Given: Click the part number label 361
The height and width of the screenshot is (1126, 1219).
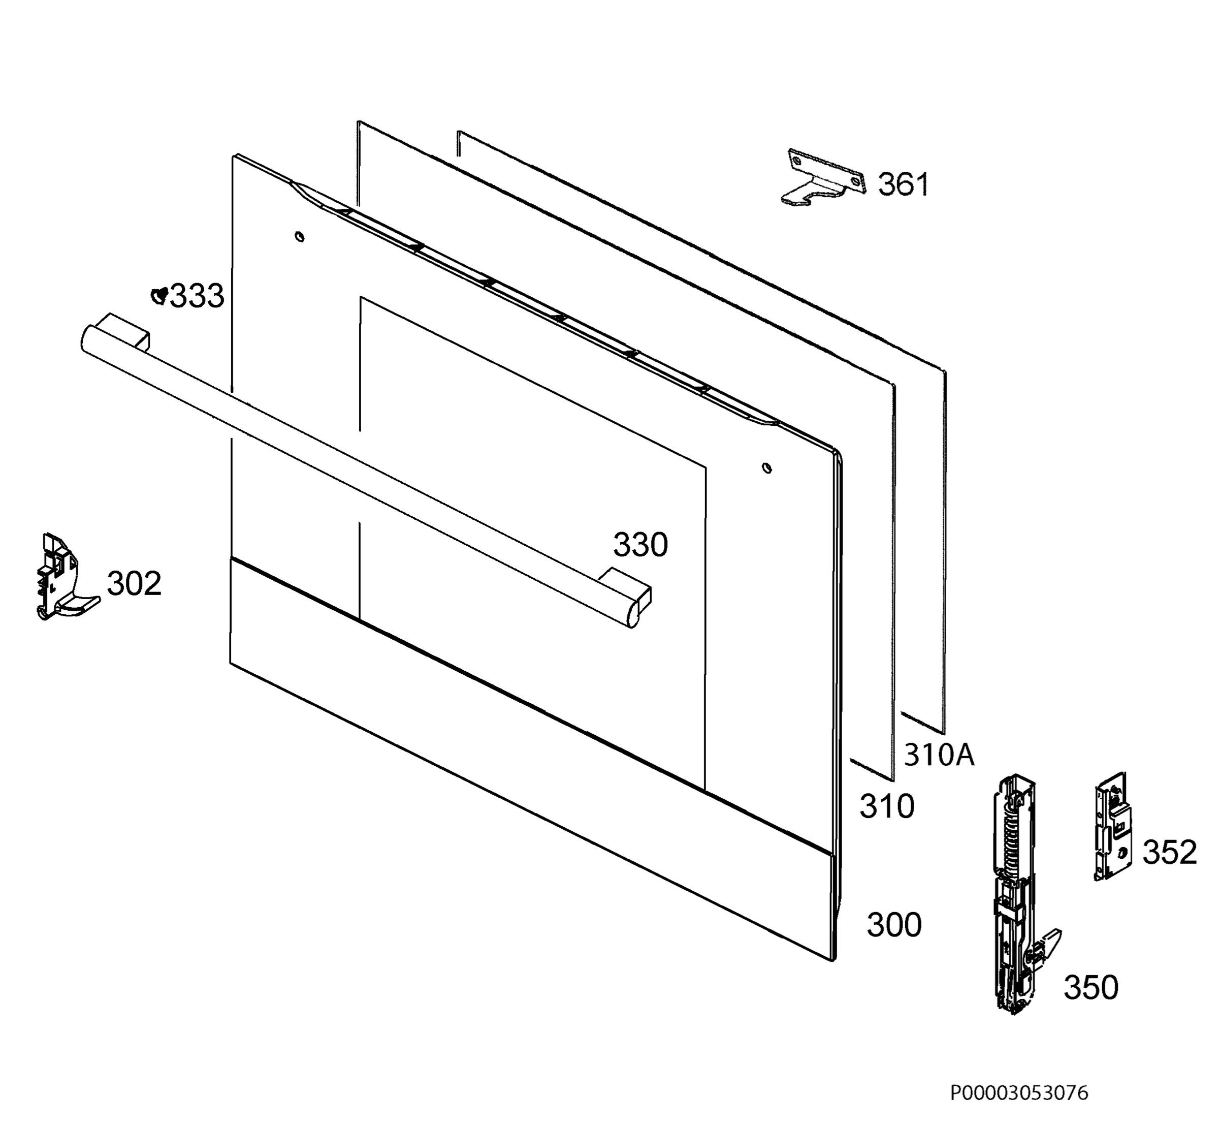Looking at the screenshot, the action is tap(904, 184).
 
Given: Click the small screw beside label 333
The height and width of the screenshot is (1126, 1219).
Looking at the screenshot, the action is tap(159, 296).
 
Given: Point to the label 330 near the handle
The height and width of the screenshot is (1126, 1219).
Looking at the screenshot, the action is tap(640, 545).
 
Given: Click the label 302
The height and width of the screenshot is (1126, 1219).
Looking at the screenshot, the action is tap(134, 584).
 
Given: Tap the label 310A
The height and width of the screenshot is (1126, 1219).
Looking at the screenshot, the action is tap(939, 755).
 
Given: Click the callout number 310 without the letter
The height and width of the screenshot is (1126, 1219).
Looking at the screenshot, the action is tap(887, 807).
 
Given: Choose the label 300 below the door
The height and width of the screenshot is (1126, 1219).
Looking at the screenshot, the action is tap(894, 925).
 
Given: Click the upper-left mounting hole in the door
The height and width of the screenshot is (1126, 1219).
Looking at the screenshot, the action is tap(299, 236).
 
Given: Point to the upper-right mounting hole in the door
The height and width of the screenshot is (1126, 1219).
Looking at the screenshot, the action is tap(767, 468).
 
